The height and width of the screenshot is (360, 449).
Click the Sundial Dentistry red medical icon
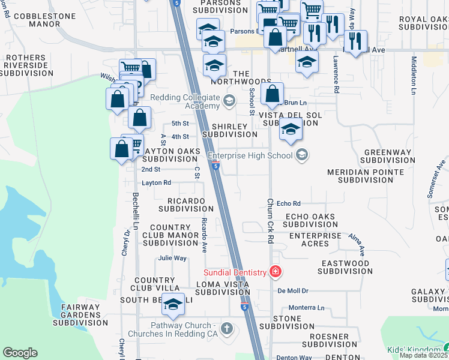(x=276, y=272)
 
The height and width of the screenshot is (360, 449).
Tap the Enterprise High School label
(x=250, y=156)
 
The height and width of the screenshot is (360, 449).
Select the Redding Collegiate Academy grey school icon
(x=229, y=101)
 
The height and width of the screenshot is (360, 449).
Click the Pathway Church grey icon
(x=226, y=328)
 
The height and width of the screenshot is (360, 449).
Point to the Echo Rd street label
(x=288, y=204)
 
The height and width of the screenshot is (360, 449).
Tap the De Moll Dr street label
(x=292, y=290)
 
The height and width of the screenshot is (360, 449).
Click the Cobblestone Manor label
(x=37, y=20)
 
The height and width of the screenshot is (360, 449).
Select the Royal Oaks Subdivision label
(x=423, y=23)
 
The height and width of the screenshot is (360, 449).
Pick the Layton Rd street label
(x=156, y=182)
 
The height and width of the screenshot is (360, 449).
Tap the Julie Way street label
(x=172, y=258)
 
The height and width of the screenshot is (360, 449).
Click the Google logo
(x=20, y=353)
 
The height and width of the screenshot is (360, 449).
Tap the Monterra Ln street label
(x=306, y=308)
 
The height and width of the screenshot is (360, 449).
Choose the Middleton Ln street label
(x=414, y=75)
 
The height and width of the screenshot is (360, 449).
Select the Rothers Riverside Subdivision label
(x=25, y=65)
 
